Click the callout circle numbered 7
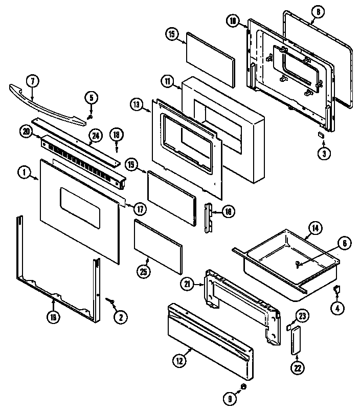32,81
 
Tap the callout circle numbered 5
91,97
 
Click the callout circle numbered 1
24,172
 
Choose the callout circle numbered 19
53,317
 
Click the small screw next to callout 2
109,301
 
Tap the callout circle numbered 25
144,272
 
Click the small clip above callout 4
336,290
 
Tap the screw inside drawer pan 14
297,264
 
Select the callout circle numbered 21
188,283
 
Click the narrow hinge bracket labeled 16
209,218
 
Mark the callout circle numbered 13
136,104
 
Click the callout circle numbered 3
323,152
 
